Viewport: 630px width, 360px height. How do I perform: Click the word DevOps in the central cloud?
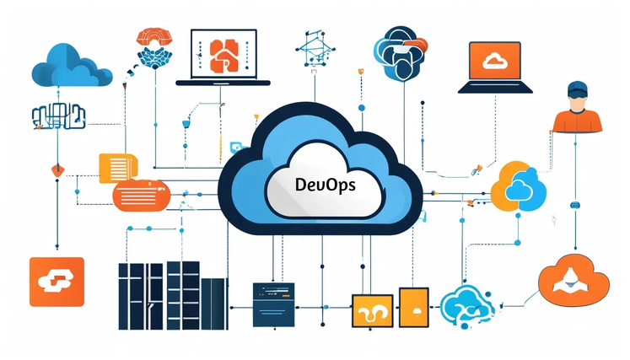coord(325,185)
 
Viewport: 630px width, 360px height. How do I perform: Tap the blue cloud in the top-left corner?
coord(72,66)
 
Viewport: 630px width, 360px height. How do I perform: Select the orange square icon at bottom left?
coord(57,282)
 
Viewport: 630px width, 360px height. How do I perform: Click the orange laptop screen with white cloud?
coord(495,61)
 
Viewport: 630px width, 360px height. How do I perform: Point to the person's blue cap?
coord(578,89)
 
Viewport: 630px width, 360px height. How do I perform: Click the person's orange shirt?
coord(578,121)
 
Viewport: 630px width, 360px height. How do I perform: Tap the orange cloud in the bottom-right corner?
coord(573,280)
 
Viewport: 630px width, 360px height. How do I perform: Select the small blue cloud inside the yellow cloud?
coord(519,190)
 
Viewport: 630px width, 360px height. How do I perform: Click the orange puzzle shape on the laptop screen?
coord(223,56)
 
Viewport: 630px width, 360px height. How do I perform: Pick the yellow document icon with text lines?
coord(118,168)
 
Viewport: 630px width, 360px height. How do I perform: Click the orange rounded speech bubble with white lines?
coord(142,196)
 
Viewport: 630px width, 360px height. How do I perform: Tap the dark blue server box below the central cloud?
coord(273,304)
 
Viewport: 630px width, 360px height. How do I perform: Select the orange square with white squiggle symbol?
coord(373,310)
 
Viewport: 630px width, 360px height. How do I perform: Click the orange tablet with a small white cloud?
coord(414,308)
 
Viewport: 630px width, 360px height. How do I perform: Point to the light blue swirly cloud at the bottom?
coord(467,308)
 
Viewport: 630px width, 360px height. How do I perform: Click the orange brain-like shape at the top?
coord(154,37)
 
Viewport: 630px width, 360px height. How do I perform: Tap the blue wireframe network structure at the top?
coord(315,48)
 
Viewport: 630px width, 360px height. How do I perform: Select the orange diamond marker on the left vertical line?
coord(58,170)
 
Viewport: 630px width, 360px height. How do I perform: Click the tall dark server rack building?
coord(173,295)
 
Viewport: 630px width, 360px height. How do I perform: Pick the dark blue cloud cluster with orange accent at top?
coord(400,52)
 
